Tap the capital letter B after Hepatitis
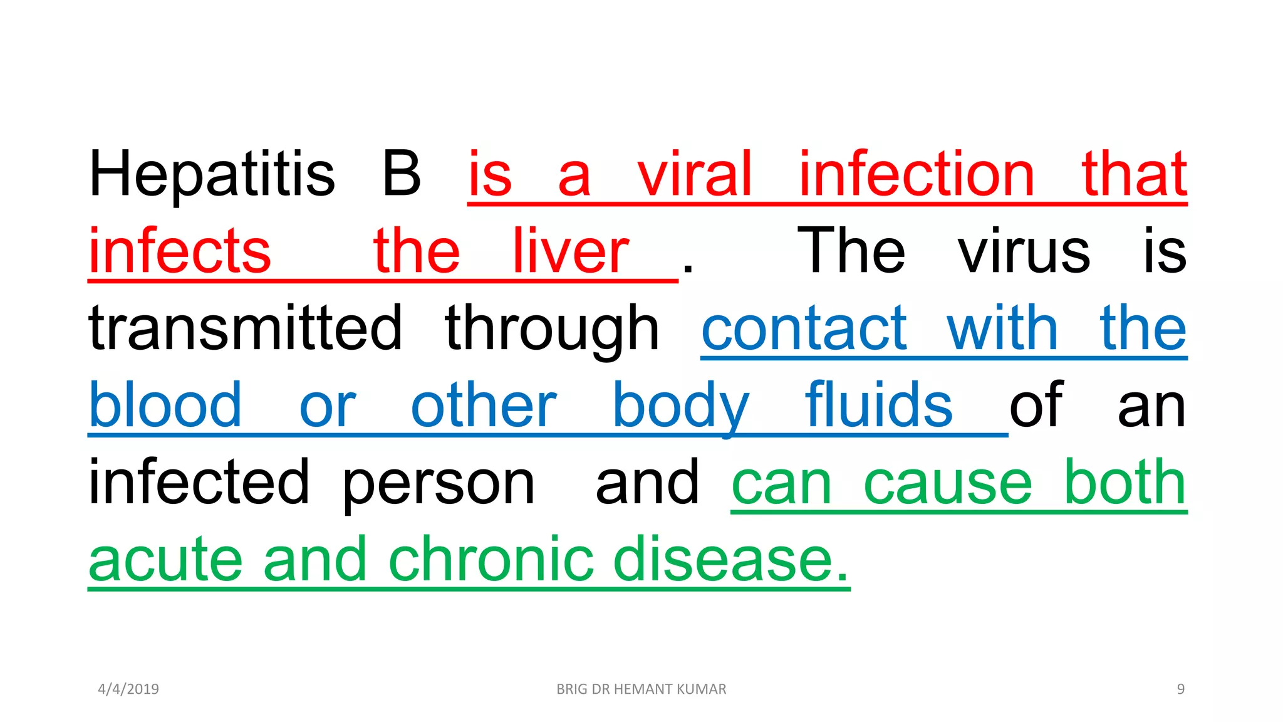point(401,174)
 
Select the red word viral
point(694,174)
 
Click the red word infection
point(917,174)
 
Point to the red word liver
point(570,251)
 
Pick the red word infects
point(180,251)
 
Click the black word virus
point(1024,252)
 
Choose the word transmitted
point(245,328)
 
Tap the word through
point(552,329)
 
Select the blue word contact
point(804,328)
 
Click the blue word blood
point(165,405)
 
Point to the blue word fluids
point(878,405)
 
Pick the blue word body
point(680,406)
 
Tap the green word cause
point(947,483)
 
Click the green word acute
point(165,560)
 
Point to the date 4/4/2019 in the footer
point(128,689)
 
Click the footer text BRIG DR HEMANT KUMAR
point(641,689)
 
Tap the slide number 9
point(1180,689)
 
